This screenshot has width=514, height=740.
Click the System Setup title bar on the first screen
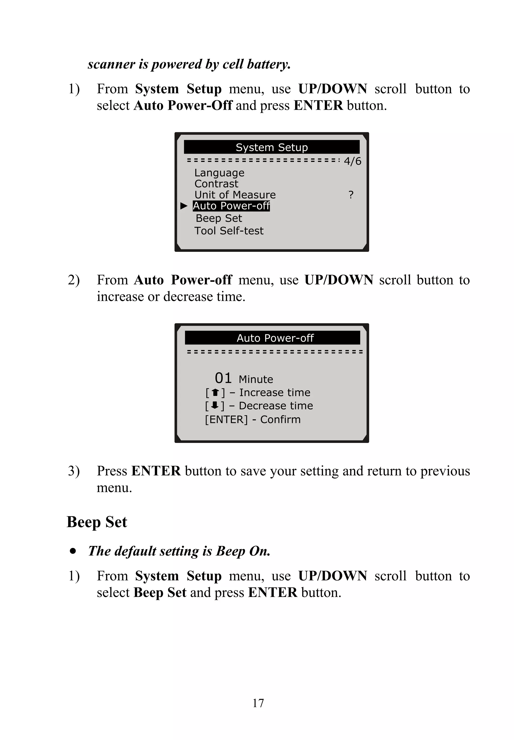point(272,147)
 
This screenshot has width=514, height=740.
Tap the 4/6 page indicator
point(352,161)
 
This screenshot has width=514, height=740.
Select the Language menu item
point(219,173)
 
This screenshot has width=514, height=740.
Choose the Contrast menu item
point(216,184)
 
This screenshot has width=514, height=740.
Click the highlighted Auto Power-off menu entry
point(231,206)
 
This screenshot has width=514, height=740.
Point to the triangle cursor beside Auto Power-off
point(183,206)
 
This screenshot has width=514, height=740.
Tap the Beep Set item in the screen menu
point(219,218)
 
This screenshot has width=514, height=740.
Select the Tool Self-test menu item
point(229,231)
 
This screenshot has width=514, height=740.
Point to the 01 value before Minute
point(223,378)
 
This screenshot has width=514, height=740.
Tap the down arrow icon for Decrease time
point(215,405)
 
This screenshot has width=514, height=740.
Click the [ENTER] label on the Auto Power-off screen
point(226,419)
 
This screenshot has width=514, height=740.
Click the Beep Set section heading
point(97,522)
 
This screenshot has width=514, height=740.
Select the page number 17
point(258,703)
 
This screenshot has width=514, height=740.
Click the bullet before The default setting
point(73,551)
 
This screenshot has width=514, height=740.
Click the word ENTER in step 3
point(156,471)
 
